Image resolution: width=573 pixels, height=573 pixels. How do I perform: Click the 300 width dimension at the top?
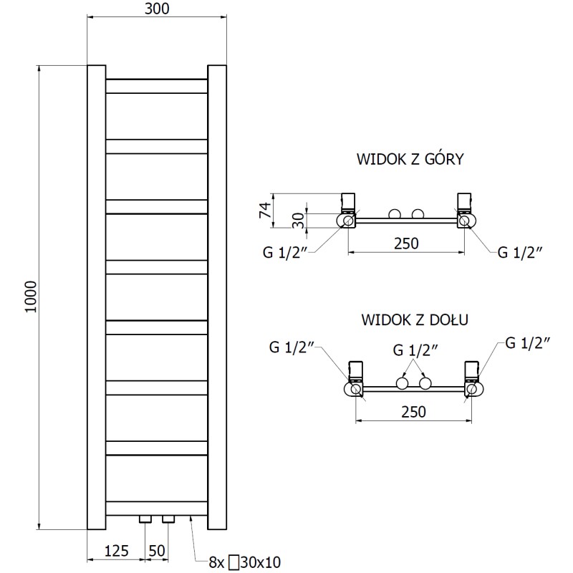coord(157,9)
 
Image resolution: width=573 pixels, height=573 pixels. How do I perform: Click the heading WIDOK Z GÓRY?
coord(410,159)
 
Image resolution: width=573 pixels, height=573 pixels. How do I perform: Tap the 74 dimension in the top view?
coord(264,210)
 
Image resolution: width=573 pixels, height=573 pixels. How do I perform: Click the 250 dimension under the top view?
coord(405,244)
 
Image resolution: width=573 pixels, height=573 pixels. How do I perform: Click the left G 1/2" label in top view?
coord(284,251)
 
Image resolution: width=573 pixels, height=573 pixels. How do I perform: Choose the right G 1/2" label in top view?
coord(520,251)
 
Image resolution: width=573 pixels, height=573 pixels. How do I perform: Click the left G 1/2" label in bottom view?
coord(293,347)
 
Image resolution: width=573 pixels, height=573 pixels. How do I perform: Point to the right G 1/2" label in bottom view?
coord(527,342)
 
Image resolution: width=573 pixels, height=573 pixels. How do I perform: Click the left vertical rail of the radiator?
coord(96,298)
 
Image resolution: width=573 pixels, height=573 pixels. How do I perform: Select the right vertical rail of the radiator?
coord(217,298)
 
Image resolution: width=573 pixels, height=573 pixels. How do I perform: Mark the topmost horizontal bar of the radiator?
coord(157,86)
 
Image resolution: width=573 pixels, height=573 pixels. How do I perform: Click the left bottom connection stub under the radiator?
coord(146,519)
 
